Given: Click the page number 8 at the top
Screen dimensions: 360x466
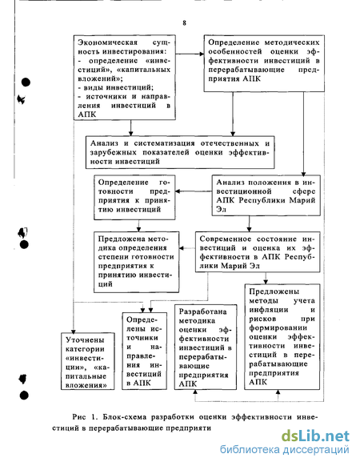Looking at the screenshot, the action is (185, 23).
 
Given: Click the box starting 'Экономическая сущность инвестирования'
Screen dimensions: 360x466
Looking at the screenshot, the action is (125, 78).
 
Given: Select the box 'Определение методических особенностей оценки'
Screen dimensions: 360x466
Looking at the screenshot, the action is (264, 63).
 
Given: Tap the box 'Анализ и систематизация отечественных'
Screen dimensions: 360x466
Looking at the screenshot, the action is (180, 152).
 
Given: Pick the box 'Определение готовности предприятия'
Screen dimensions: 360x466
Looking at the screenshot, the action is (134, 197).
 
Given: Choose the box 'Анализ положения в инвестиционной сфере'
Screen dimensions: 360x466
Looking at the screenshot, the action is (266, 195).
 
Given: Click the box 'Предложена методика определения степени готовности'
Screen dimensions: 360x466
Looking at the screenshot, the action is (136, 262).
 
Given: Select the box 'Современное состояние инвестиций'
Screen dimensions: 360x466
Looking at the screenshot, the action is (258, 252).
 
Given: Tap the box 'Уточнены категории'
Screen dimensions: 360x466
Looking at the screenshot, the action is (88, 361).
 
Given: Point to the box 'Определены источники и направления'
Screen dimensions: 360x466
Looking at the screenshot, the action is (144, 351).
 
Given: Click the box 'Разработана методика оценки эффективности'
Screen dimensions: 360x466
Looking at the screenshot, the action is (206, 347).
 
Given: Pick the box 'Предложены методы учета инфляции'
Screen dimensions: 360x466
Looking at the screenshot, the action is (282, 337).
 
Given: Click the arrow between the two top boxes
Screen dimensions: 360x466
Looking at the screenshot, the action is (190, 54).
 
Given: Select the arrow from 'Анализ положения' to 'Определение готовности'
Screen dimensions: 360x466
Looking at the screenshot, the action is (194, 191).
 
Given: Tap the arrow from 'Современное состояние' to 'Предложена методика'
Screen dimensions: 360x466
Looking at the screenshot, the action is (187, 248).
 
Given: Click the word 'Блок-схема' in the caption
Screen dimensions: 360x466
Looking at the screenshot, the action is (125, 417).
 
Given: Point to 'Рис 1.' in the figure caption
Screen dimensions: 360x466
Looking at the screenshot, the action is (85, 417).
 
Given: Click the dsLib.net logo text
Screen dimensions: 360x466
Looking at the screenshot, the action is (315, 436).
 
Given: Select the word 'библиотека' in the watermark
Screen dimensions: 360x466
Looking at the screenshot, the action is (250, 449).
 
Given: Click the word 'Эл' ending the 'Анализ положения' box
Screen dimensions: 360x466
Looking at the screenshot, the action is (222, 209).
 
